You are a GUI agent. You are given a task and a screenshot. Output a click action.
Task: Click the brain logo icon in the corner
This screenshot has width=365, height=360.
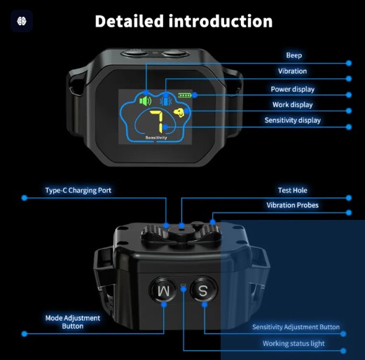point(22,21)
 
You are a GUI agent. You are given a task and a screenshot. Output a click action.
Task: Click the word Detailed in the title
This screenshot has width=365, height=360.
point(129,21)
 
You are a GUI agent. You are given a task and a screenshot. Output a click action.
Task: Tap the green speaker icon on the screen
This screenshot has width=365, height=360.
point(145,101)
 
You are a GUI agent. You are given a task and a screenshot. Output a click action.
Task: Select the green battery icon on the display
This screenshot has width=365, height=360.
point(185,95)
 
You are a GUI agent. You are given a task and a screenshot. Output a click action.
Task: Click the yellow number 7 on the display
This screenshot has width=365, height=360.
point(157,121)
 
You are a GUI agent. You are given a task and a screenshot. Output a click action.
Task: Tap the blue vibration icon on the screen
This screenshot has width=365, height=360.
point(166,101)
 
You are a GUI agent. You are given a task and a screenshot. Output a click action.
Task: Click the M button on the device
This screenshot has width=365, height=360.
point(163,291)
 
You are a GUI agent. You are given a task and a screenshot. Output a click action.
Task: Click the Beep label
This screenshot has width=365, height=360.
point(294,55)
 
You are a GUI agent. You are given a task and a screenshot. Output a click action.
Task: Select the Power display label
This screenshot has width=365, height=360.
point(293,89)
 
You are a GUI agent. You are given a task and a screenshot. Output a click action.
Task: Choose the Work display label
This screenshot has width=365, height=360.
point(293,105)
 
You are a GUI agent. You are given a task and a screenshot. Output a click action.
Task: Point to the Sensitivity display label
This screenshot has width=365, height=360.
point(293,120)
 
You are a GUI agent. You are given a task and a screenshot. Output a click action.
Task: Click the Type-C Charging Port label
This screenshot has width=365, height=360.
point(78,191)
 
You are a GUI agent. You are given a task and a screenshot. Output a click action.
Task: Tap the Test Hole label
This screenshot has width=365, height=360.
point(293,191)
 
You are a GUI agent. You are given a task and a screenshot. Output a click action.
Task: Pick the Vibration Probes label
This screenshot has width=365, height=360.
point(293,205)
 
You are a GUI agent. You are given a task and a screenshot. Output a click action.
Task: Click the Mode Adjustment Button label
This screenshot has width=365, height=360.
point(73,322)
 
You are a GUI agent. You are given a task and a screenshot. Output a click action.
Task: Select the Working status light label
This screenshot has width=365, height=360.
point(294,344)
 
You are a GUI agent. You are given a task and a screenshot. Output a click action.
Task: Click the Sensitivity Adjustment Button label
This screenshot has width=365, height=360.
point(296,327)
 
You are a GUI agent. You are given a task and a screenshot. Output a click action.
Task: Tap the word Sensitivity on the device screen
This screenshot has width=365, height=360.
point(156,138)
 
